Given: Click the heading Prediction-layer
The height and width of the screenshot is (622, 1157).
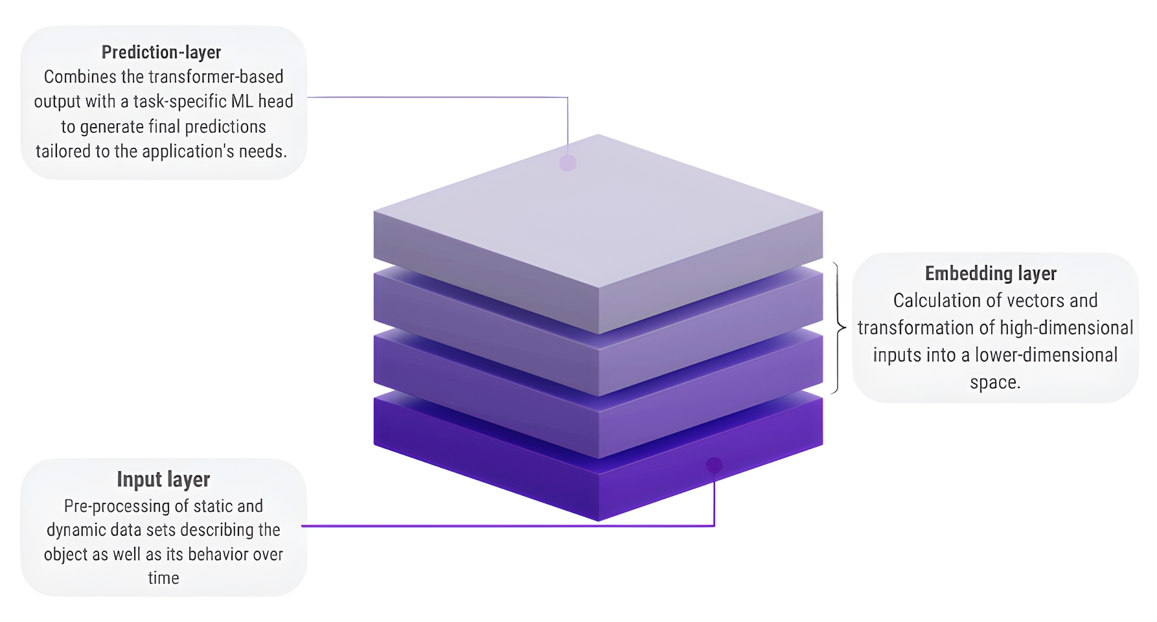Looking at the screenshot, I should coord(161,52).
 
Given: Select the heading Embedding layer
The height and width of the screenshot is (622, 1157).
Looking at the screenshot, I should coord(991,273).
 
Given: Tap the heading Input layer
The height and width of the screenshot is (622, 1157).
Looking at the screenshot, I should coord(163,479).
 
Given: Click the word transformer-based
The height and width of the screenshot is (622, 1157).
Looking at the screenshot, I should coord(216,76).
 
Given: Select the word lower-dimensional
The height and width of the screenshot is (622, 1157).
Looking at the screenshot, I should coord(1046,355).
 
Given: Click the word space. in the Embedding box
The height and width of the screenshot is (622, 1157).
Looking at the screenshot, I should coord(995,382).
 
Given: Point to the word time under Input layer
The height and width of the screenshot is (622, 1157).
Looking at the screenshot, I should coord(163,578).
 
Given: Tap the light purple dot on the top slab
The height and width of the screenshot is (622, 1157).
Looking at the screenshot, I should coord(567,163).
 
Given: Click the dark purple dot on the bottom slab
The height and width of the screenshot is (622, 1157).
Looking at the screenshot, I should coord(714,465).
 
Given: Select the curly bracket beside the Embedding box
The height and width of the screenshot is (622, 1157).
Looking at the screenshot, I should coord(840,328).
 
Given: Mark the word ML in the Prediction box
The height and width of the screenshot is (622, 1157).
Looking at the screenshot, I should coord(242,102).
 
